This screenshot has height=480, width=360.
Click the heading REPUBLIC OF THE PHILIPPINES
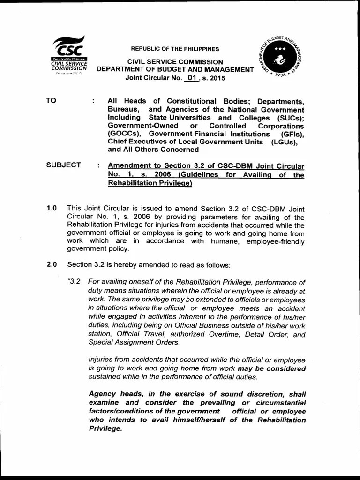point(175,49)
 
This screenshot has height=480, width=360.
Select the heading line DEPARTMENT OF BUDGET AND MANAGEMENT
point(175,70)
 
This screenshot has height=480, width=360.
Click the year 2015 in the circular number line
point(217,78)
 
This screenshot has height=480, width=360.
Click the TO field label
point(51,101)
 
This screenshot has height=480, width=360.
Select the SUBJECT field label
point(63,165)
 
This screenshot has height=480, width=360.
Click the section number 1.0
point(52,208)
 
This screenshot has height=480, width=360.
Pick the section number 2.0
point(52,264)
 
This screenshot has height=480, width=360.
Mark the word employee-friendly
point(276,242)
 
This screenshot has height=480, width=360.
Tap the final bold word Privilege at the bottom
point(105,428)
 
